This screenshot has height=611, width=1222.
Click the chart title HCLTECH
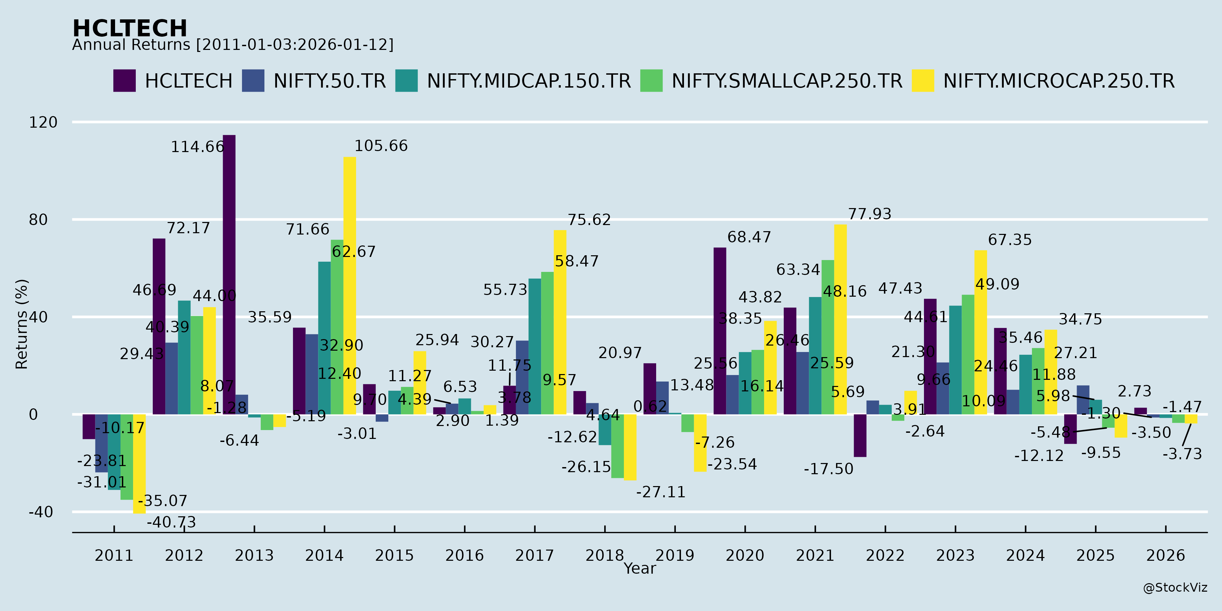130,29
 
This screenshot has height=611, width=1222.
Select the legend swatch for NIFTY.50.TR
253,81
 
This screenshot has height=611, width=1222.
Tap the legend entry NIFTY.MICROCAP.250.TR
1059,81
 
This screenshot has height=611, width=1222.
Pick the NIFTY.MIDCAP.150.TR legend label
529,81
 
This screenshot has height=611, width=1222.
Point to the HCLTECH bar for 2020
720,331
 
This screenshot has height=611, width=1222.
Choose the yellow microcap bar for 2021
840,319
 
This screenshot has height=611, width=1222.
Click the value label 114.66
197,147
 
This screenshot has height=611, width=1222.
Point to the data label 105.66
381,146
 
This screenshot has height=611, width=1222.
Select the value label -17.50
828,469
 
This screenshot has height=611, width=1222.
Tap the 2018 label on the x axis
604,555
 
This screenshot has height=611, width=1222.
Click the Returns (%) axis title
22,324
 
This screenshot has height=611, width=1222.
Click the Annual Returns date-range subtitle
233,45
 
